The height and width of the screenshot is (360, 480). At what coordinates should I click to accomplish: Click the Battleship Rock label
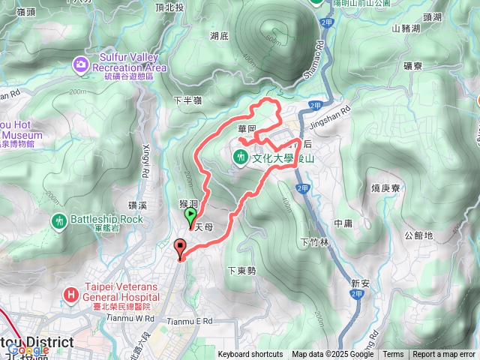pyautogui.click(x=106, y=219)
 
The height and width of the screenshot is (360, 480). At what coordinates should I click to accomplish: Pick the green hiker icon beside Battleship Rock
pyautogui.click(x=59, y=221)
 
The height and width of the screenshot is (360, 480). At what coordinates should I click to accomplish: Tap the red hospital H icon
pyautogui.click(x=71, y=294)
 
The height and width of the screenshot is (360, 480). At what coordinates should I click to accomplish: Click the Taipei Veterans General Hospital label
pyautogui.click(x=121, y=294)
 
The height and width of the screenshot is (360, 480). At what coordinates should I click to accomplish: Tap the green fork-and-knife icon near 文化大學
pyautogui.click(x=241, y=157)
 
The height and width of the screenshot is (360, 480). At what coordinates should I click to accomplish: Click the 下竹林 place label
pyautogui.click(x=315, y=241)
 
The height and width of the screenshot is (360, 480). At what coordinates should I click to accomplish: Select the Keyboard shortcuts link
pyautogui.click(x=250, y=355)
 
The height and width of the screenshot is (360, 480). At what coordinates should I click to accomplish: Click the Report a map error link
pyautogui.click(x=445, y=355)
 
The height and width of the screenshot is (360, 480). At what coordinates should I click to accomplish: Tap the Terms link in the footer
pyautogui.click(x=393, y=355)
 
